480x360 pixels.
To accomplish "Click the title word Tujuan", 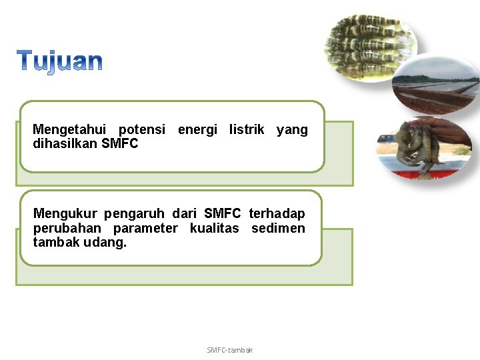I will [x=60, y=61].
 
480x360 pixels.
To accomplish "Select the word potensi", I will [x=141, y=129].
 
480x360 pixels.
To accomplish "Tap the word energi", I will [x=197, y=129].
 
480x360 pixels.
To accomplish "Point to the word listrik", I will [x=247, y=129].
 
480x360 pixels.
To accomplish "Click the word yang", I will [x=292, y=129].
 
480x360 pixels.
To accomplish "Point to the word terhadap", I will [x=277, y=214].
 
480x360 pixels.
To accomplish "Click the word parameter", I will [x=145, y=229].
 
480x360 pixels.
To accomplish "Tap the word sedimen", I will [x=278, y=229].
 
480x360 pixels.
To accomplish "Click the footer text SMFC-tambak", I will [x=230, y=350].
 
